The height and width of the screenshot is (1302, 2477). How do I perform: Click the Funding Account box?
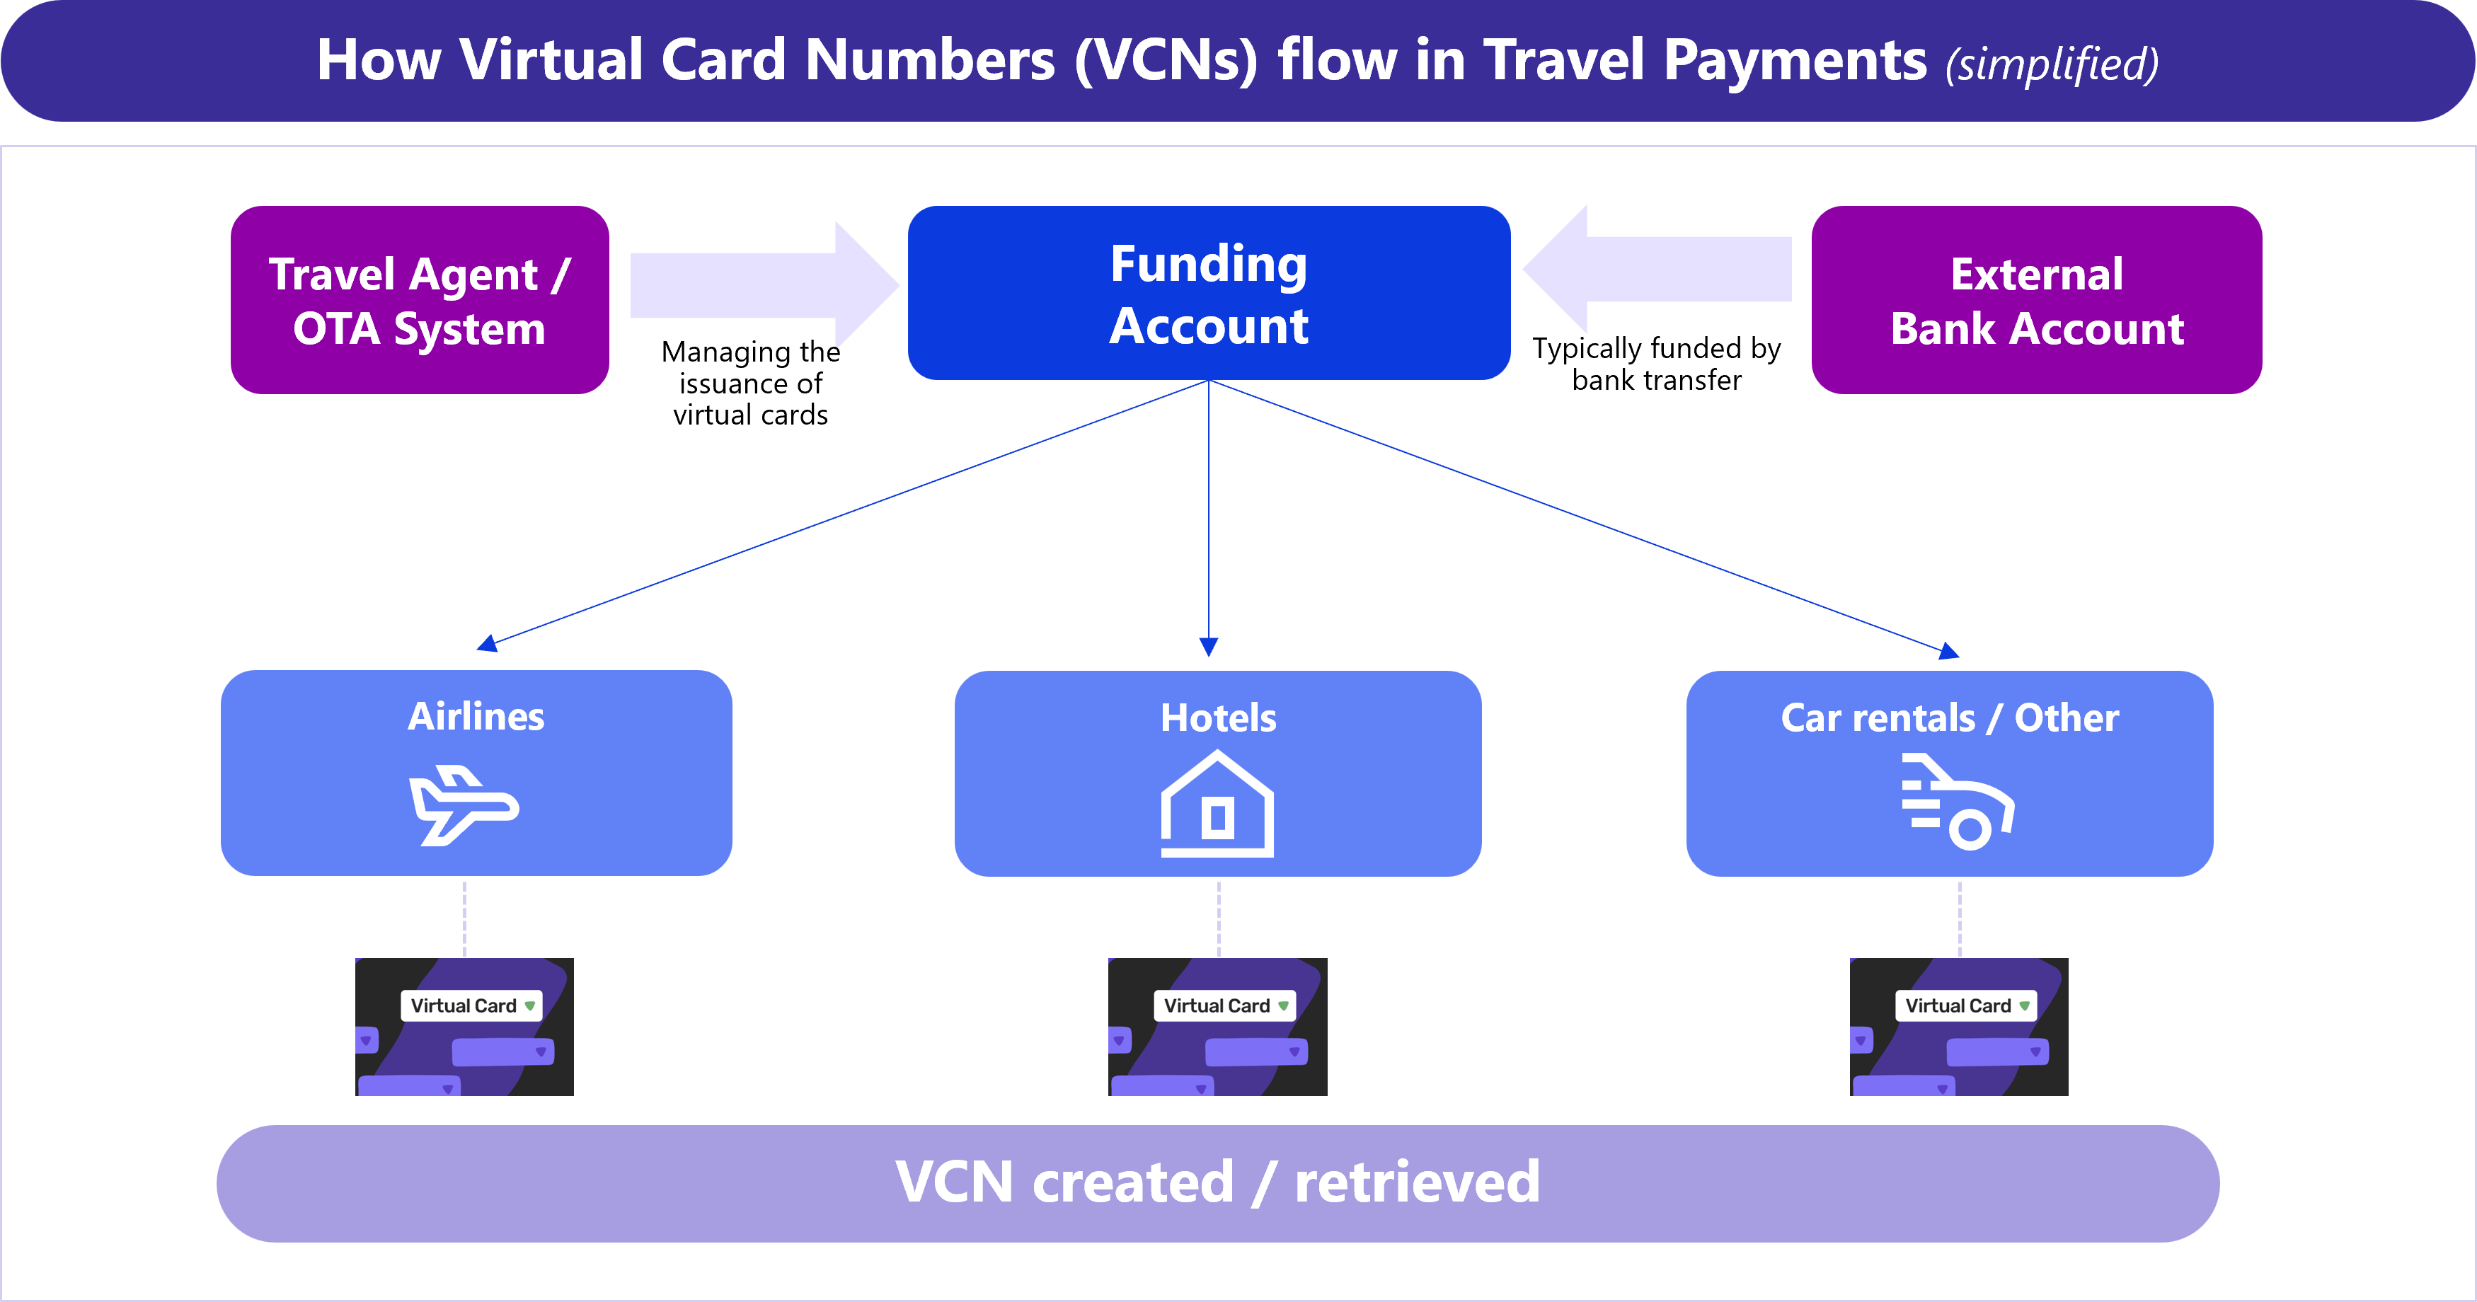1209,293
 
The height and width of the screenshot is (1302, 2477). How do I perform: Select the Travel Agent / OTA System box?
419,300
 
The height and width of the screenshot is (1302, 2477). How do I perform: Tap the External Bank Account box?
2037,300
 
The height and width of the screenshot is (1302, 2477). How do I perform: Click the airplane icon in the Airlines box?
464,806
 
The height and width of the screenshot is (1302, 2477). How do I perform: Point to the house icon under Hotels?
1217,806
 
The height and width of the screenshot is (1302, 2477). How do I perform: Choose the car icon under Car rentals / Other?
1958,803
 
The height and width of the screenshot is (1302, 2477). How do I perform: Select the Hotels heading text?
1218,718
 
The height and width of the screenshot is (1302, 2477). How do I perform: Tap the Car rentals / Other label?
1949,718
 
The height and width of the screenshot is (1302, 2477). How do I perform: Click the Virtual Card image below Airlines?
464,1026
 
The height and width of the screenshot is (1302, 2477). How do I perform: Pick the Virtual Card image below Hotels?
1217,1026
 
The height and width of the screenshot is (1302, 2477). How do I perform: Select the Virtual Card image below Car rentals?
1959,1026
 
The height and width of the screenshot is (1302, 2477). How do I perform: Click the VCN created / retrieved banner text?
1217,1182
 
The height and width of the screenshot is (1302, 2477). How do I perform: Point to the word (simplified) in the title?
2052,64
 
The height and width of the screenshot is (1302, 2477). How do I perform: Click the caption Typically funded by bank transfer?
1656,364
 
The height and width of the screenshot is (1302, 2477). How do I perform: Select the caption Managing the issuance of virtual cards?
750,383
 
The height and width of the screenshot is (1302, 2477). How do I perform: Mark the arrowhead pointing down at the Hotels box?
1209,647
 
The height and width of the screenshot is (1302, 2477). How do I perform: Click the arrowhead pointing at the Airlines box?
488,643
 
